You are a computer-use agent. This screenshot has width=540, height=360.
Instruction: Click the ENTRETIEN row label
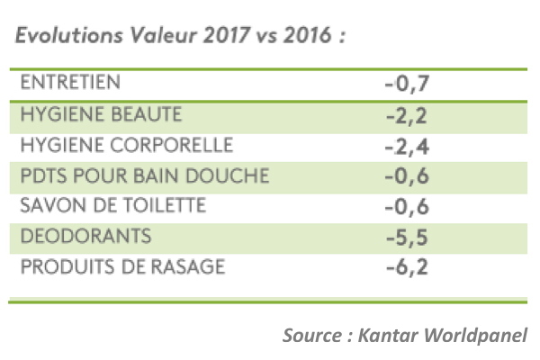69,83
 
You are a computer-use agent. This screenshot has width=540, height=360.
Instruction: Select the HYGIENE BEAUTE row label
101,114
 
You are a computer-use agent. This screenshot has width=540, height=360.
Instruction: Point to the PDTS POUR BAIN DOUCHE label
130,175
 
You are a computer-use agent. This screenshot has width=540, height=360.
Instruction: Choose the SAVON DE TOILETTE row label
112,206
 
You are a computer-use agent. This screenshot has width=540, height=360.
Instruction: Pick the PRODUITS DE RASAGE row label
121,267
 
